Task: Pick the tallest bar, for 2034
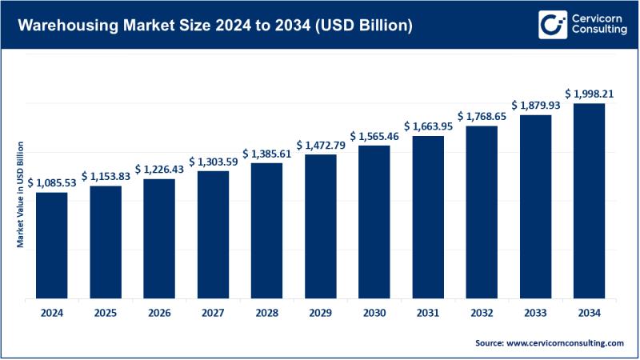tap(589, 201)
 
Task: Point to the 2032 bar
tap(482, 212)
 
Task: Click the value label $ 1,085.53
tap(53, 183)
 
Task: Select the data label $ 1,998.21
tap(590, 94)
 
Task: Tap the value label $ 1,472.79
tap(321, 146)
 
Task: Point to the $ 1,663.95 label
tap(428, 126)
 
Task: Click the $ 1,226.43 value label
tap(160, 170)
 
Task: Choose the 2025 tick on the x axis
tap(106, 314)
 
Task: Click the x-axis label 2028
tap(267, 314)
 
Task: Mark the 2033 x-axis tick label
tap(535, 314)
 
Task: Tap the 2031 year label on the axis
tap(428, 314)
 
